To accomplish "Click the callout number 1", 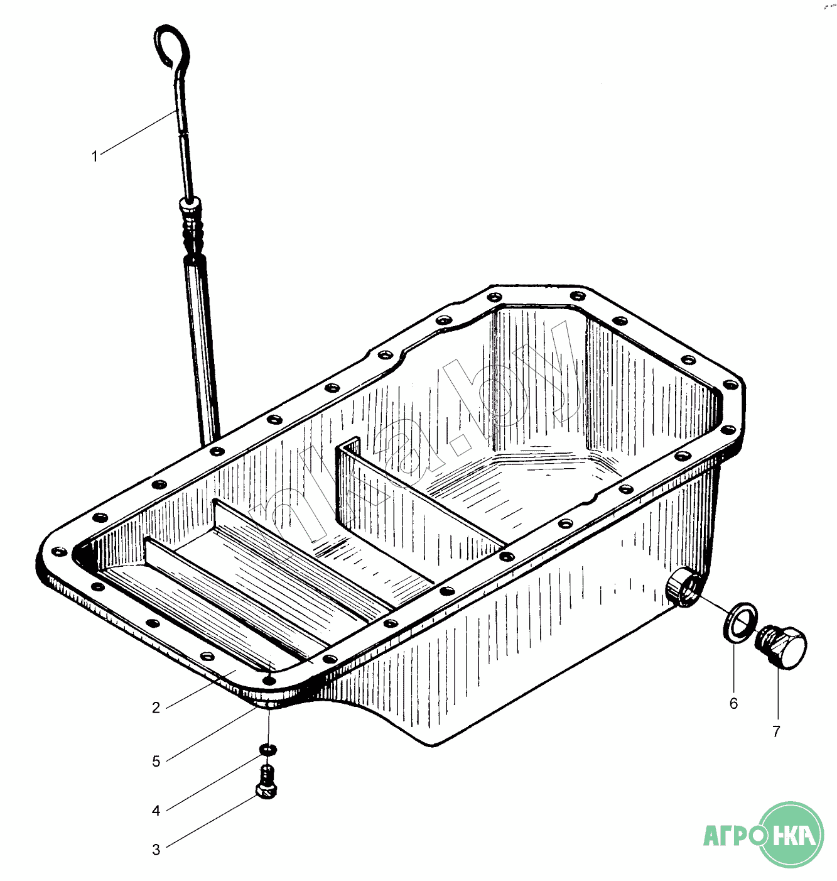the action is click(94, 156).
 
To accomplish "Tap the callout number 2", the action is click(156, 708).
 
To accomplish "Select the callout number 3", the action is click(156, 850).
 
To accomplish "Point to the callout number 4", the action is click(156, 810).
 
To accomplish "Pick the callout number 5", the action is click(156, 761).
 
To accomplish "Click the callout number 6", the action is click(733, 703).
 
